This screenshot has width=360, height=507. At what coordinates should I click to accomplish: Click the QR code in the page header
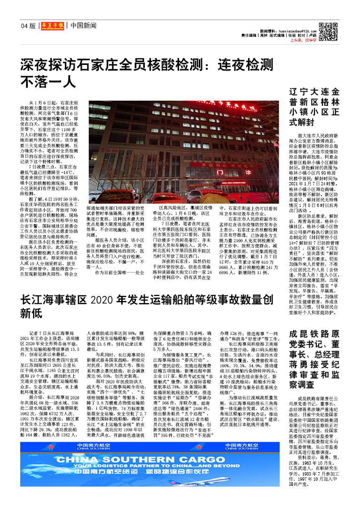coord(328,31)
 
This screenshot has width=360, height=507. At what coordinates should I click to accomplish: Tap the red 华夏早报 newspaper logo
coord(52,25)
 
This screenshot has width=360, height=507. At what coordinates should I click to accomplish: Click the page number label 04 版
coord(28,25)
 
